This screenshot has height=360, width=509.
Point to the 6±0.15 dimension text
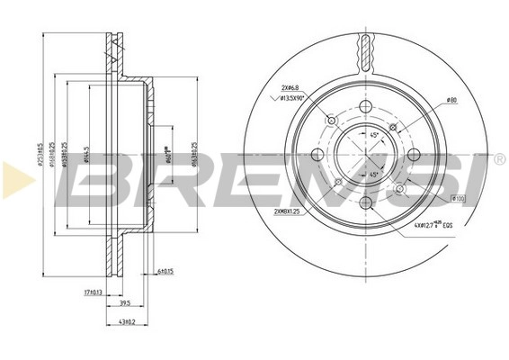click(164, 271)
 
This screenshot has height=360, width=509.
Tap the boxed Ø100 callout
click(457, 198)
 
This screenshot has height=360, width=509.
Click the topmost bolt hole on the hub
click(366, 108)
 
